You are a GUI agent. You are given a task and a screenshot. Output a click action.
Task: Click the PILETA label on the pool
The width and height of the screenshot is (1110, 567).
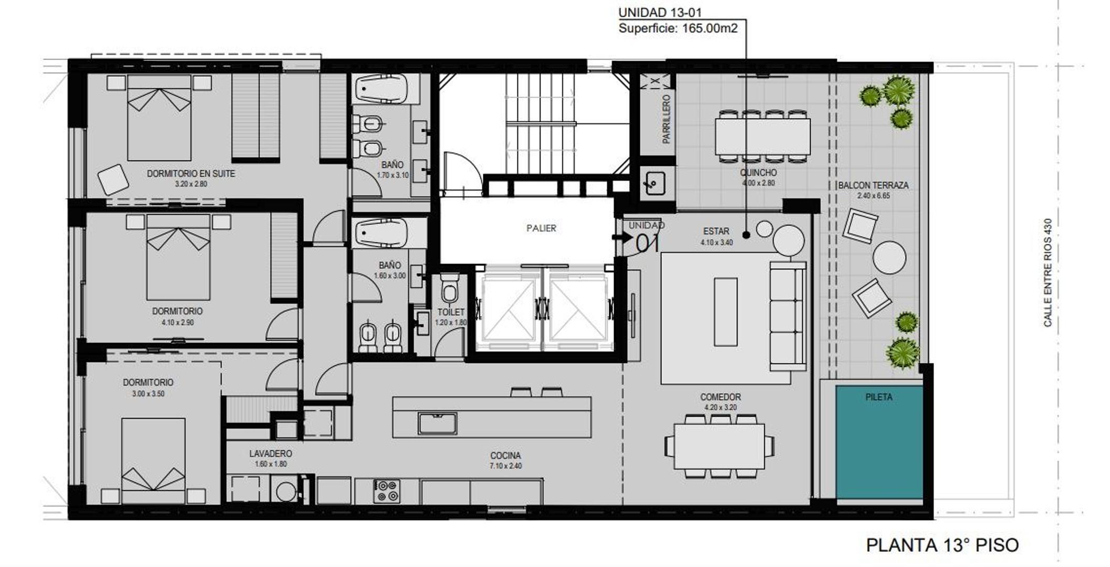pos(879,397)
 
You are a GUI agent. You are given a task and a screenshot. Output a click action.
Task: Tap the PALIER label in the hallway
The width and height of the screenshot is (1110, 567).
pos(541,228)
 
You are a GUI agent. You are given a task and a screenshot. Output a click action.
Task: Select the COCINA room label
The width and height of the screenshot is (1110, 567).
pos(505,456)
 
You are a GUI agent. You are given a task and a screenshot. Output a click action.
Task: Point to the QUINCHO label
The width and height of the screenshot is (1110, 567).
pos(758,173)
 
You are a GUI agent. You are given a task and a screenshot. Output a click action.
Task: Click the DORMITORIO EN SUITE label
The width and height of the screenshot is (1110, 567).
pos(191,174)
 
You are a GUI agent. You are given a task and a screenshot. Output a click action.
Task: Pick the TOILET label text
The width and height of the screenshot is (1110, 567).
pos(451,312)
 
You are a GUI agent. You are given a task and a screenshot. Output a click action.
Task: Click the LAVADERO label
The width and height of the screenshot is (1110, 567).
pos(271,454)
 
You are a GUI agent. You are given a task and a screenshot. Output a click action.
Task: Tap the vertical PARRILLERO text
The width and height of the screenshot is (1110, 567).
pos(666,119)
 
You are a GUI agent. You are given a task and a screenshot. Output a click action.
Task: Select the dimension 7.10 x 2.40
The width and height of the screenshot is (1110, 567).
pos(505,466)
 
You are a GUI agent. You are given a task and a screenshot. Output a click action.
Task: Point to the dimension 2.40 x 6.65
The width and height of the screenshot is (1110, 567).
pos(873,196)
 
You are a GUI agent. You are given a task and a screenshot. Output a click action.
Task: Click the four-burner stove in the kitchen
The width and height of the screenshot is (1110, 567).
pos(387,491)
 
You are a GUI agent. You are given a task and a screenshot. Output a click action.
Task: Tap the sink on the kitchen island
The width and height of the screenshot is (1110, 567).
pos(437,423)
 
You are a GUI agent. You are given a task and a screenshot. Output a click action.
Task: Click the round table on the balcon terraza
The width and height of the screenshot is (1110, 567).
pos(889,257)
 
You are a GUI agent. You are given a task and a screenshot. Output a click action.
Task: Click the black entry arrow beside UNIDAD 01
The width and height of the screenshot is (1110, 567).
pos(622,237)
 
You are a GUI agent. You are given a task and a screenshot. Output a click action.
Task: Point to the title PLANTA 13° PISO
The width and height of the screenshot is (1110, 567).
pos(942,545)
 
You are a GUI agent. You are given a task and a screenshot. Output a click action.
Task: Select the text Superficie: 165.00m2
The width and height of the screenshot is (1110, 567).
pos(678,28)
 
